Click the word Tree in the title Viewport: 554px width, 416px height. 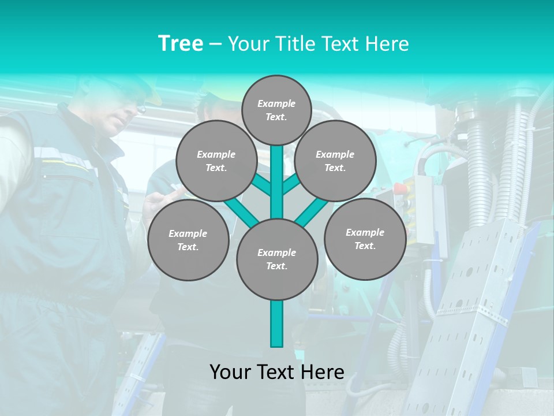point(181,43)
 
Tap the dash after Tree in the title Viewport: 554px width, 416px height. point(215,44)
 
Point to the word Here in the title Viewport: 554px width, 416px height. point(387,43)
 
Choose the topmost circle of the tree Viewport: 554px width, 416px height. point(276,110)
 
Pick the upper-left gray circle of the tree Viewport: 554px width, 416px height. point(216,161)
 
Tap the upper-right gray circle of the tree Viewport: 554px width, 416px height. point(335,161)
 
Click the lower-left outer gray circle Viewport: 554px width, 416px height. point(188,240)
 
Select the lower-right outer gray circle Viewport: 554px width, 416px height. point(365,239)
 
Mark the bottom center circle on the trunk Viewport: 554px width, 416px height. point(276,259)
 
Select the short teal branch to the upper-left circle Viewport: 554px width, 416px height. point(263,185)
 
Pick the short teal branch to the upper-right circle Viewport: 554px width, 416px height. point(290,185)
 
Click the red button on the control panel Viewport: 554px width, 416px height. point(399,188)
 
